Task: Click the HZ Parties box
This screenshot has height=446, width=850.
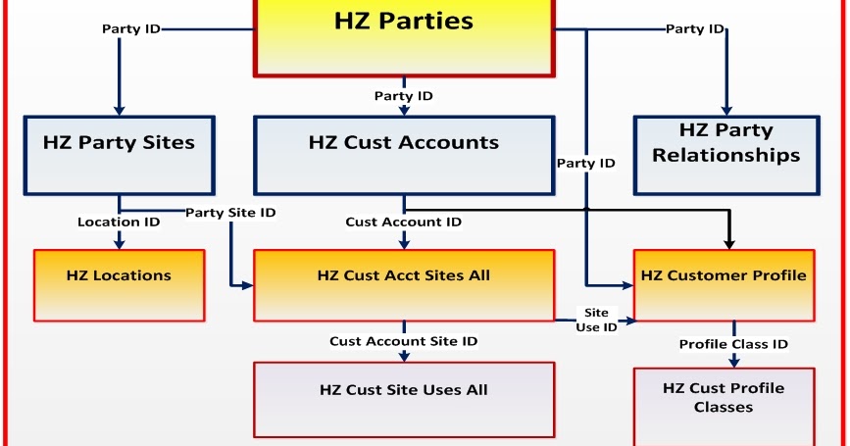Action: (x=405, y=34)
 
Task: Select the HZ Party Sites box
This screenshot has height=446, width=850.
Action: (x=119, y=154)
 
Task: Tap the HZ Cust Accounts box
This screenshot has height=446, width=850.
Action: (x=404, y=154)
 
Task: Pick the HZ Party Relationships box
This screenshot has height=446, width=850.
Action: (x=726, y=154)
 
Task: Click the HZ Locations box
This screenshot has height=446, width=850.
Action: (x=119, y=284)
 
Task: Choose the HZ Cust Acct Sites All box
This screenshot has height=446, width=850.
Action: (x=404, y=284)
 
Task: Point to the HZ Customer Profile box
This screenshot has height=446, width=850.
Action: (x=724, y=284)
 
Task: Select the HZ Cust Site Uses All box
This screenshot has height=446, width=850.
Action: (x=404, y=398)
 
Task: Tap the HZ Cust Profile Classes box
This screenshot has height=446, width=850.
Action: (x=724, y=404)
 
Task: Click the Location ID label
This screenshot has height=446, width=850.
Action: (x=119, y=223)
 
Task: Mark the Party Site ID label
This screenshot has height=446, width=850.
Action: (x=230, y=213)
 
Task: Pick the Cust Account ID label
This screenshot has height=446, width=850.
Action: (x=404, y=223)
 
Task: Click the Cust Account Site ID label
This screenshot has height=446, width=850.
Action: (x=404, y=341)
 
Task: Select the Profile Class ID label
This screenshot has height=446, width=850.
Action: (x=734, y=344)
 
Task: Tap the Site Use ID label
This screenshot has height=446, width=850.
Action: (x=596, y=320)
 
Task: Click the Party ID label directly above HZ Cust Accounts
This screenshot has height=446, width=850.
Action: (x=404, y=96)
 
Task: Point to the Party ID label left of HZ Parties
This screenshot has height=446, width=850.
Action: (x=131, y=28)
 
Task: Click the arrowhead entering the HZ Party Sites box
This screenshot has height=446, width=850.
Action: (x=119, y=109)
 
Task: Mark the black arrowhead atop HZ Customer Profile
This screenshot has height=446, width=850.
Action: (x=728, y=241)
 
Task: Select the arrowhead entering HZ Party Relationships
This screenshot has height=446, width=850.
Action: (x=726, y=109)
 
